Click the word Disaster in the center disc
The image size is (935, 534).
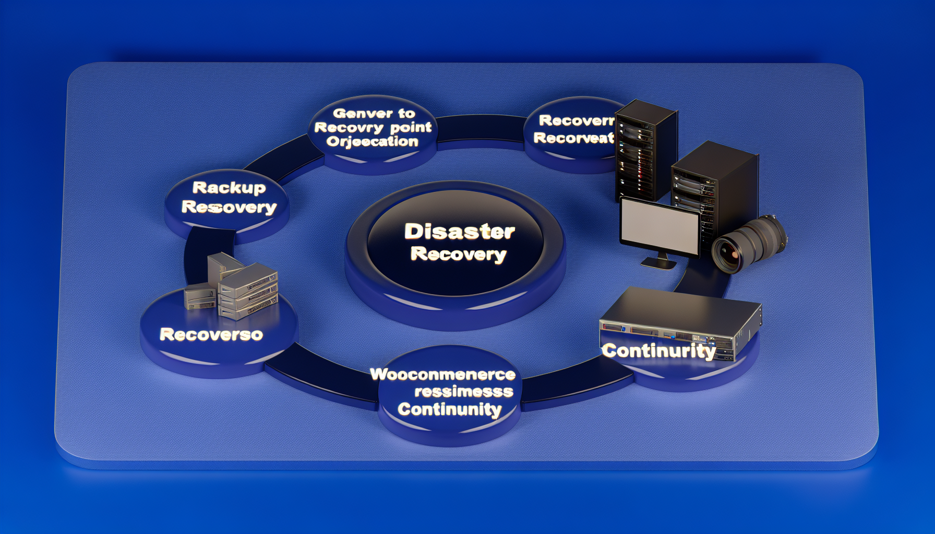[x=459, y=232]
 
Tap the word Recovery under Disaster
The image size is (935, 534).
[x=458, y=254]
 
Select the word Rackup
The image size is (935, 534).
[x=229, y=188]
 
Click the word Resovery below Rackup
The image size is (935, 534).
[x=229, y=207]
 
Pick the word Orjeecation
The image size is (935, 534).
[x=373, y=141]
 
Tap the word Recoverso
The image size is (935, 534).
[x=211, y=334]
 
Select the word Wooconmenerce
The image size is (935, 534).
[x=442, y=374]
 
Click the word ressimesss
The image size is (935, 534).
[x=463, y=391]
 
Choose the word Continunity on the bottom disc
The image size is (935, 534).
[x=449, y=409]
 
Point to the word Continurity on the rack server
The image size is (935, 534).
[x=658, y=351]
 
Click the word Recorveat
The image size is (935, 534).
[x=573, y=138]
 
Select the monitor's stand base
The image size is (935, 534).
[x=658, y=264]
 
